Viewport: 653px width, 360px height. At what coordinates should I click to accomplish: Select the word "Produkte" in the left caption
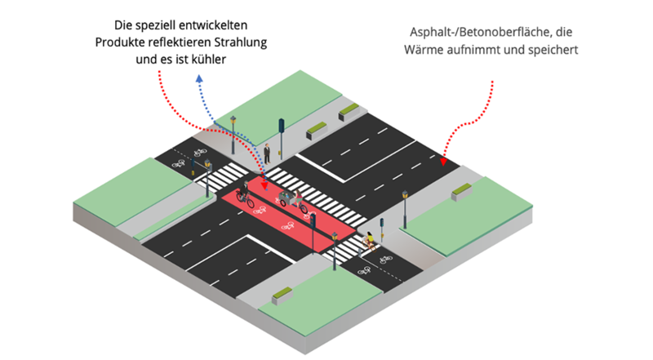(122, 42)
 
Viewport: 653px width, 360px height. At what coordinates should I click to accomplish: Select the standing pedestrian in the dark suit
(267, 153)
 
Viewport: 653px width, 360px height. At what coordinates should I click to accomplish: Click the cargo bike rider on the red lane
(287, 198)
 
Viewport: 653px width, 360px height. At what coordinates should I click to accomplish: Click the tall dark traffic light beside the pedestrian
(281, 136)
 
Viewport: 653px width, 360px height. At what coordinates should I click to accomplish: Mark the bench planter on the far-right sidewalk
(462, 191)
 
